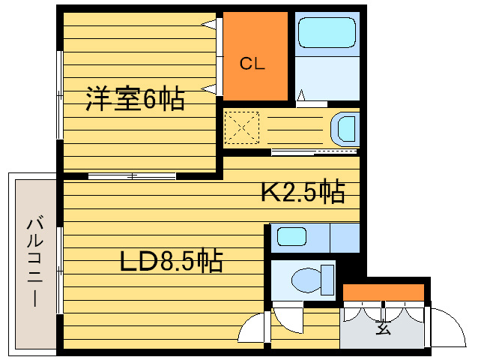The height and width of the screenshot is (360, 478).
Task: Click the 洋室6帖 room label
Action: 135,99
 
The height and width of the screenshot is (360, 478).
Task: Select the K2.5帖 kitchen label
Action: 302,193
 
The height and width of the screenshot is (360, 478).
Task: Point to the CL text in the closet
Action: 252,64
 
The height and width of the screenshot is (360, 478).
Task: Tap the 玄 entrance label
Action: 384,328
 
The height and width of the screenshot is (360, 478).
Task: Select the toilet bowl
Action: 307,280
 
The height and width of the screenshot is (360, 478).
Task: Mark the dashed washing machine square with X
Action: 242,127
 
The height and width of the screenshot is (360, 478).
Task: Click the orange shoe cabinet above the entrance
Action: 384,292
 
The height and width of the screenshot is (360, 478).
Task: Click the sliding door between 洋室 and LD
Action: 131,176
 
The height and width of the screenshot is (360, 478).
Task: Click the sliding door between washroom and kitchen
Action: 315,153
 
